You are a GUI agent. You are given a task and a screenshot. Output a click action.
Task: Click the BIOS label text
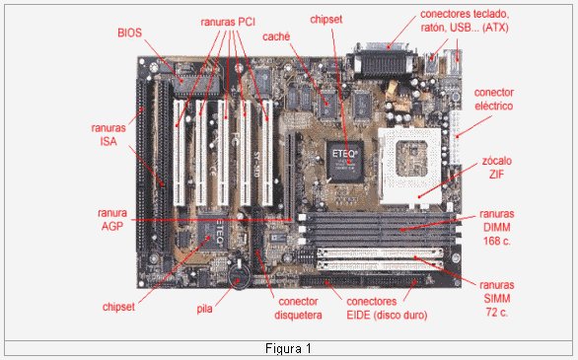(x=128, y=33)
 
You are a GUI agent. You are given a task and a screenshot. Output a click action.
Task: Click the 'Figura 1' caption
(x=289, y=349)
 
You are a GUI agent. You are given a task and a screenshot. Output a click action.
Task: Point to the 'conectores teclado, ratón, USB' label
(x=478, y=21)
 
